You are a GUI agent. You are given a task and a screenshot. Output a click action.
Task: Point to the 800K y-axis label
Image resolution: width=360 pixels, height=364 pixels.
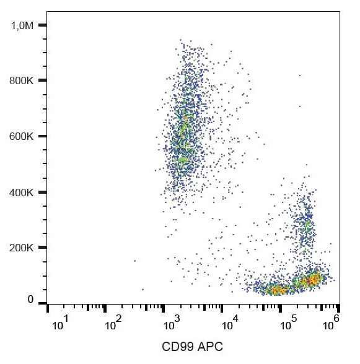tap(21, 80)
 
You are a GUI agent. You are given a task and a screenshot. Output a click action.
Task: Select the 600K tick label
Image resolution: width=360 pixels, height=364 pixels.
tap(21, 136)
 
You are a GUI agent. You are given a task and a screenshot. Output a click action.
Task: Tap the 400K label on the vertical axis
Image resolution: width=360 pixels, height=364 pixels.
tap(21, 193)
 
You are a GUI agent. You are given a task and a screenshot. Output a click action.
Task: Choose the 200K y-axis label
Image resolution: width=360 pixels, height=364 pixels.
tap(21, 248)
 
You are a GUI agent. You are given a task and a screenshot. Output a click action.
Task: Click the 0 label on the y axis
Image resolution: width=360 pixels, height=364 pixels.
tap(30, 300)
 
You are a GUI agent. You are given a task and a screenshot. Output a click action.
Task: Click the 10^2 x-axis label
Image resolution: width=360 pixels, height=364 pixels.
tap(112, 324)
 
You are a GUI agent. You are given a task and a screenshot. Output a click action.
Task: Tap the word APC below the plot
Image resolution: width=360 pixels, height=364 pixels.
tap(209, 347)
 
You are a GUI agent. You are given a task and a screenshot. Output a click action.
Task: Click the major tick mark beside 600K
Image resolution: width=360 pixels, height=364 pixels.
tap(42, 136)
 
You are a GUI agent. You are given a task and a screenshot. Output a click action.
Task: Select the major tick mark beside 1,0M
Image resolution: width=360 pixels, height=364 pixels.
tap(42, 25)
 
